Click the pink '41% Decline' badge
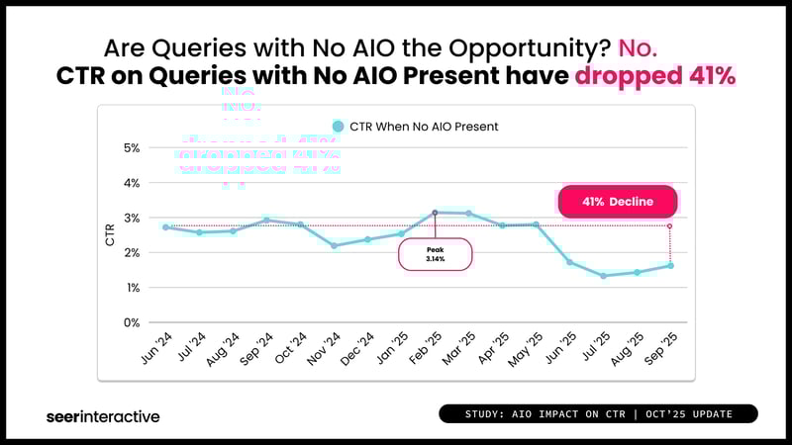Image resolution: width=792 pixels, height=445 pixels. click(618, 202)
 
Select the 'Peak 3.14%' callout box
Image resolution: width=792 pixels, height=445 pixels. click(436, 254)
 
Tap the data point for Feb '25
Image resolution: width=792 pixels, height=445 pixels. click(435, 213)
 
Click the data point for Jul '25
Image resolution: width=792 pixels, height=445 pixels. click(603, 276)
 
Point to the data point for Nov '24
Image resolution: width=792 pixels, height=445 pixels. click(334, 245)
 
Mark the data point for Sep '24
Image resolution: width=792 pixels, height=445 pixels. click(266, 221)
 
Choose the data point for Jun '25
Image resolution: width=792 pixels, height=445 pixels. click(569, 262)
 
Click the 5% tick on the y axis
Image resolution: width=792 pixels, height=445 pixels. click(131, 148)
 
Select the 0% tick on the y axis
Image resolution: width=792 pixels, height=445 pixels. click(131, 322)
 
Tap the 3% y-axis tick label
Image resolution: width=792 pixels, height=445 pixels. click(131, 218)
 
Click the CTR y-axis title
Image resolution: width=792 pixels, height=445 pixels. click(110, 235)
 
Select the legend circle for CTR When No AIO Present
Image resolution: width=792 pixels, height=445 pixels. click(338, 127)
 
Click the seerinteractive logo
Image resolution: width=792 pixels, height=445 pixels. click(103, 416)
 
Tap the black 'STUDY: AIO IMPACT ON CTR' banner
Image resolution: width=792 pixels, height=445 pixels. click(598, 413)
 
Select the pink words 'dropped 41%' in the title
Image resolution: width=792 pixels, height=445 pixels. click(655, 76)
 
